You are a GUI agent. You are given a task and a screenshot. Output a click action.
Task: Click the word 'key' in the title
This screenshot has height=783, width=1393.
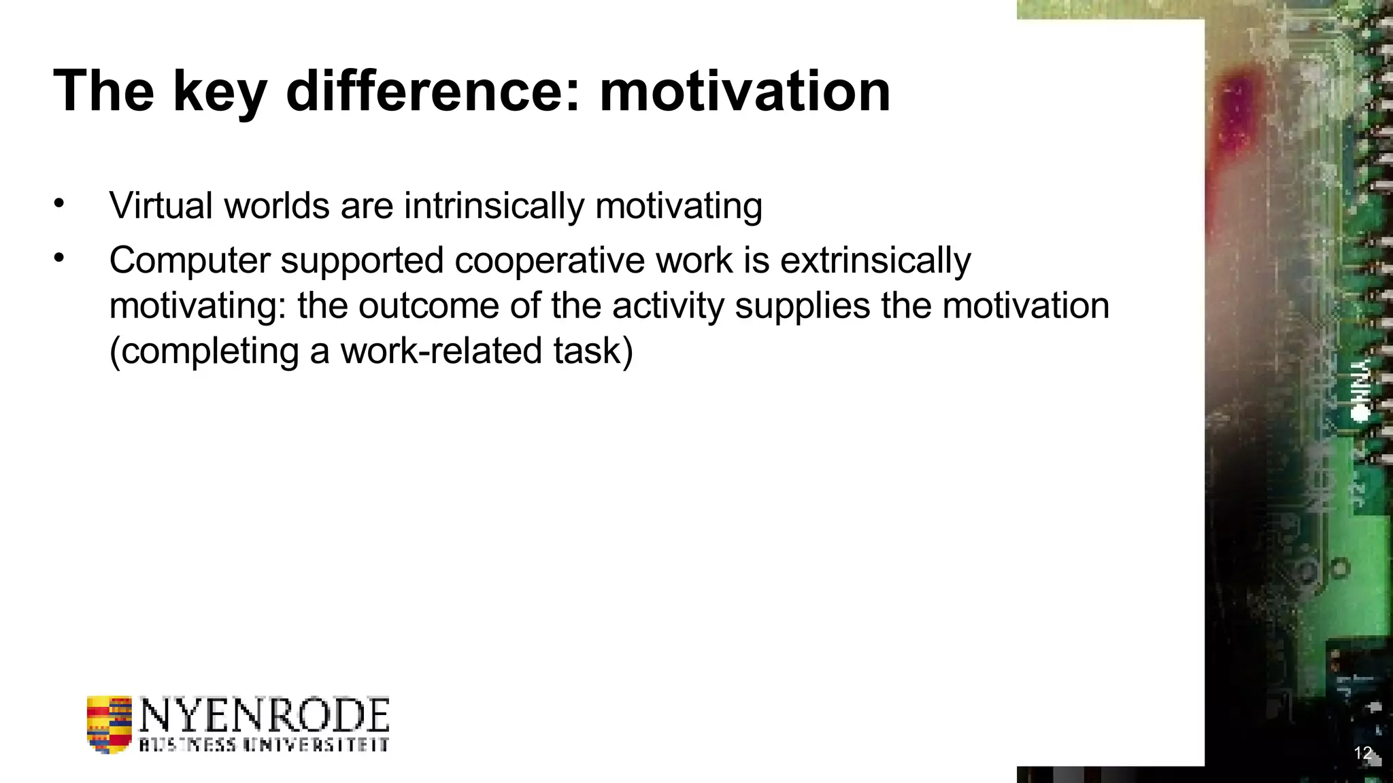point(219,92)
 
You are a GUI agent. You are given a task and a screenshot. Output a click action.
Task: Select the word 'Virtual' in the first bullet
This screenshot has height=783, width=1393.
point(161,205)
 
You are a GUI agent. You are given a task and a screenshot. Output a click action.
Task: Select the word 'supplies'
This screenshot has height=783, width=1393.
point(802,306)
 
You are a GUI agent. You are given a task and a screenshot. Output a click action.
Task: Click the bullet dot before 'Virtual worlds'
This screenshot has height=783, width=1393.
point(59,203)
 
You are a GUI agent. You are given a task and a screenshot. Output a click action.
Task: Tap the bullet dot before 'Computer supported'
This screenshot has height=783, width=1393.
point(59,258)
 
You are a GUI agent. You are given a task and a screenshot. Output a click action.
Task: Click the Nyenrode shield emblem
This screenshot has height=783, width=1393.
point(109,725)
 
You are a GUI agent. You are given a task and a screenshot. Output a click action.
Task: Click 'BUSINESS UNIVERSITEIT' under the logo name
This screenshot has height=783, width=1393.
point(264,744)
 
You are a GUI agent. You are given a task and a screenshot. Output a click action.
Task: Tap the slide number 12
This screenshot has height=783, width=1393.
point(1362,753)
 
